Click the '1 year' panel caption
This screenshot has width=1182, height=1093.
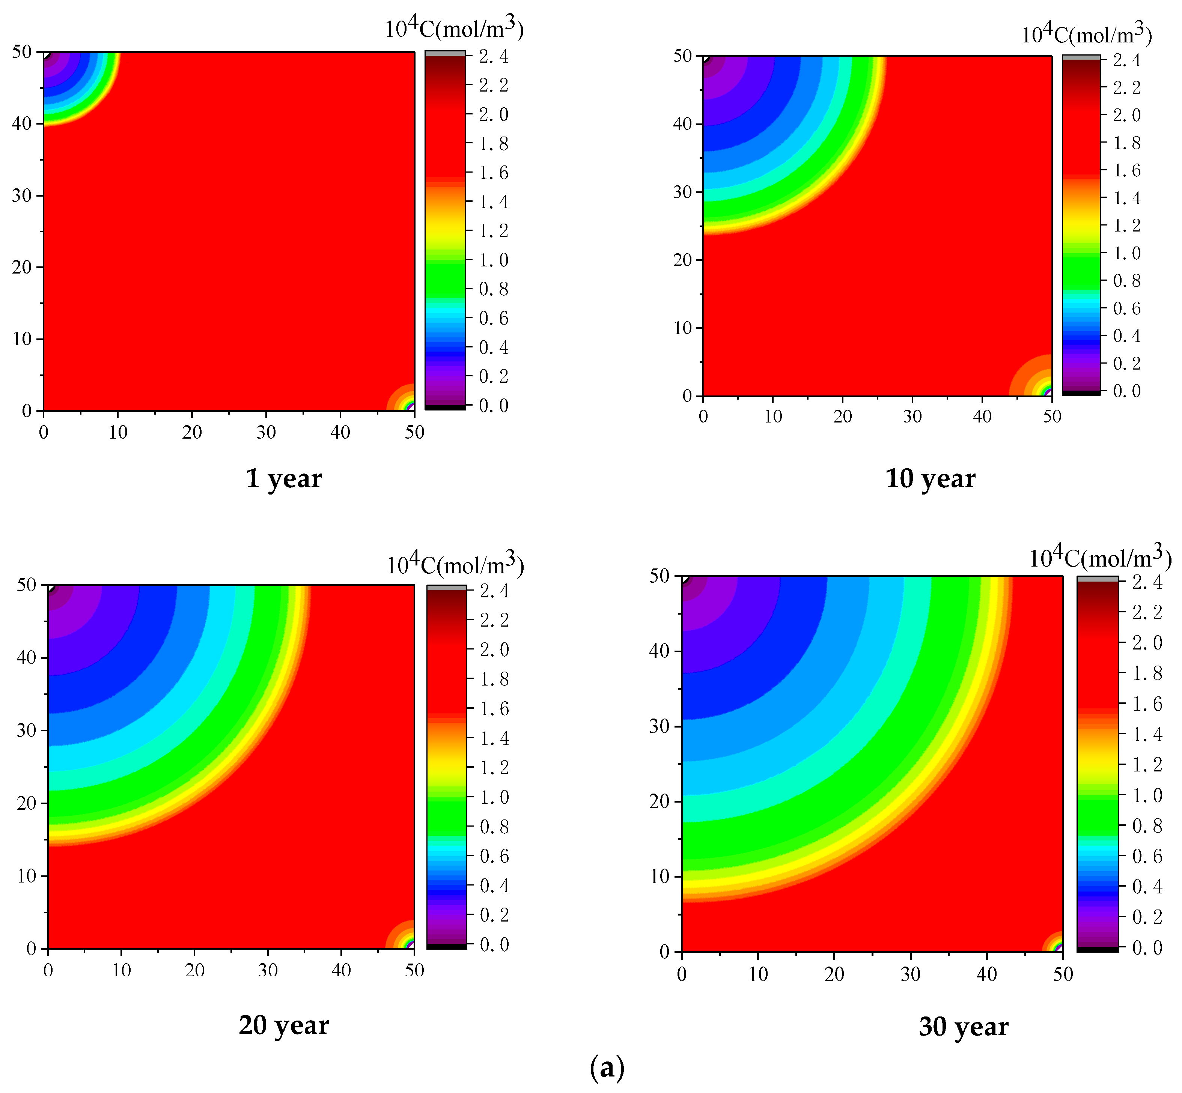click(x=283, y=478)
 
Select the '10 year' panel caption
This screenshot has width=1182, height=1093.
click(x=929, y=478)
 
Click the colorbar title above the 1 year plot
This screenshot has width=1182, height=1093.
click(x=454, y=29)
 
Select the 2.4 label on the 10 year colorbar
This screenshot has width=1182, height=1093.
click(x=1126, y=60)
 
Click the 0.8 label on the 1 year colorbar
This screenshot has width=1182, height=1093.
click(x=493, y=289)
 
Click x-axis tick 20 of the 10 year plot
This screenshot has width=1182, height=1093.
click(x=842, y=416)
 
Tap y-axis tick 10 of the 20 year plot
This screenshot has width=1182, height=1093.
click(x=27, y=875)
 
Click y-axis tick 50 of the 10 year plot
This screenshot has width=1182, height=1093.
click(x=683, y=56)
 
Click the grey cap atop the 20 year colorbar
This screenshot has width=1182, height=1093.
click(x=447, y=587)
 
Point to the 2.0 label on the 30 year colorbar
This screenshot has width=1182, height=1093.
click(x=1146, y=643)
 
